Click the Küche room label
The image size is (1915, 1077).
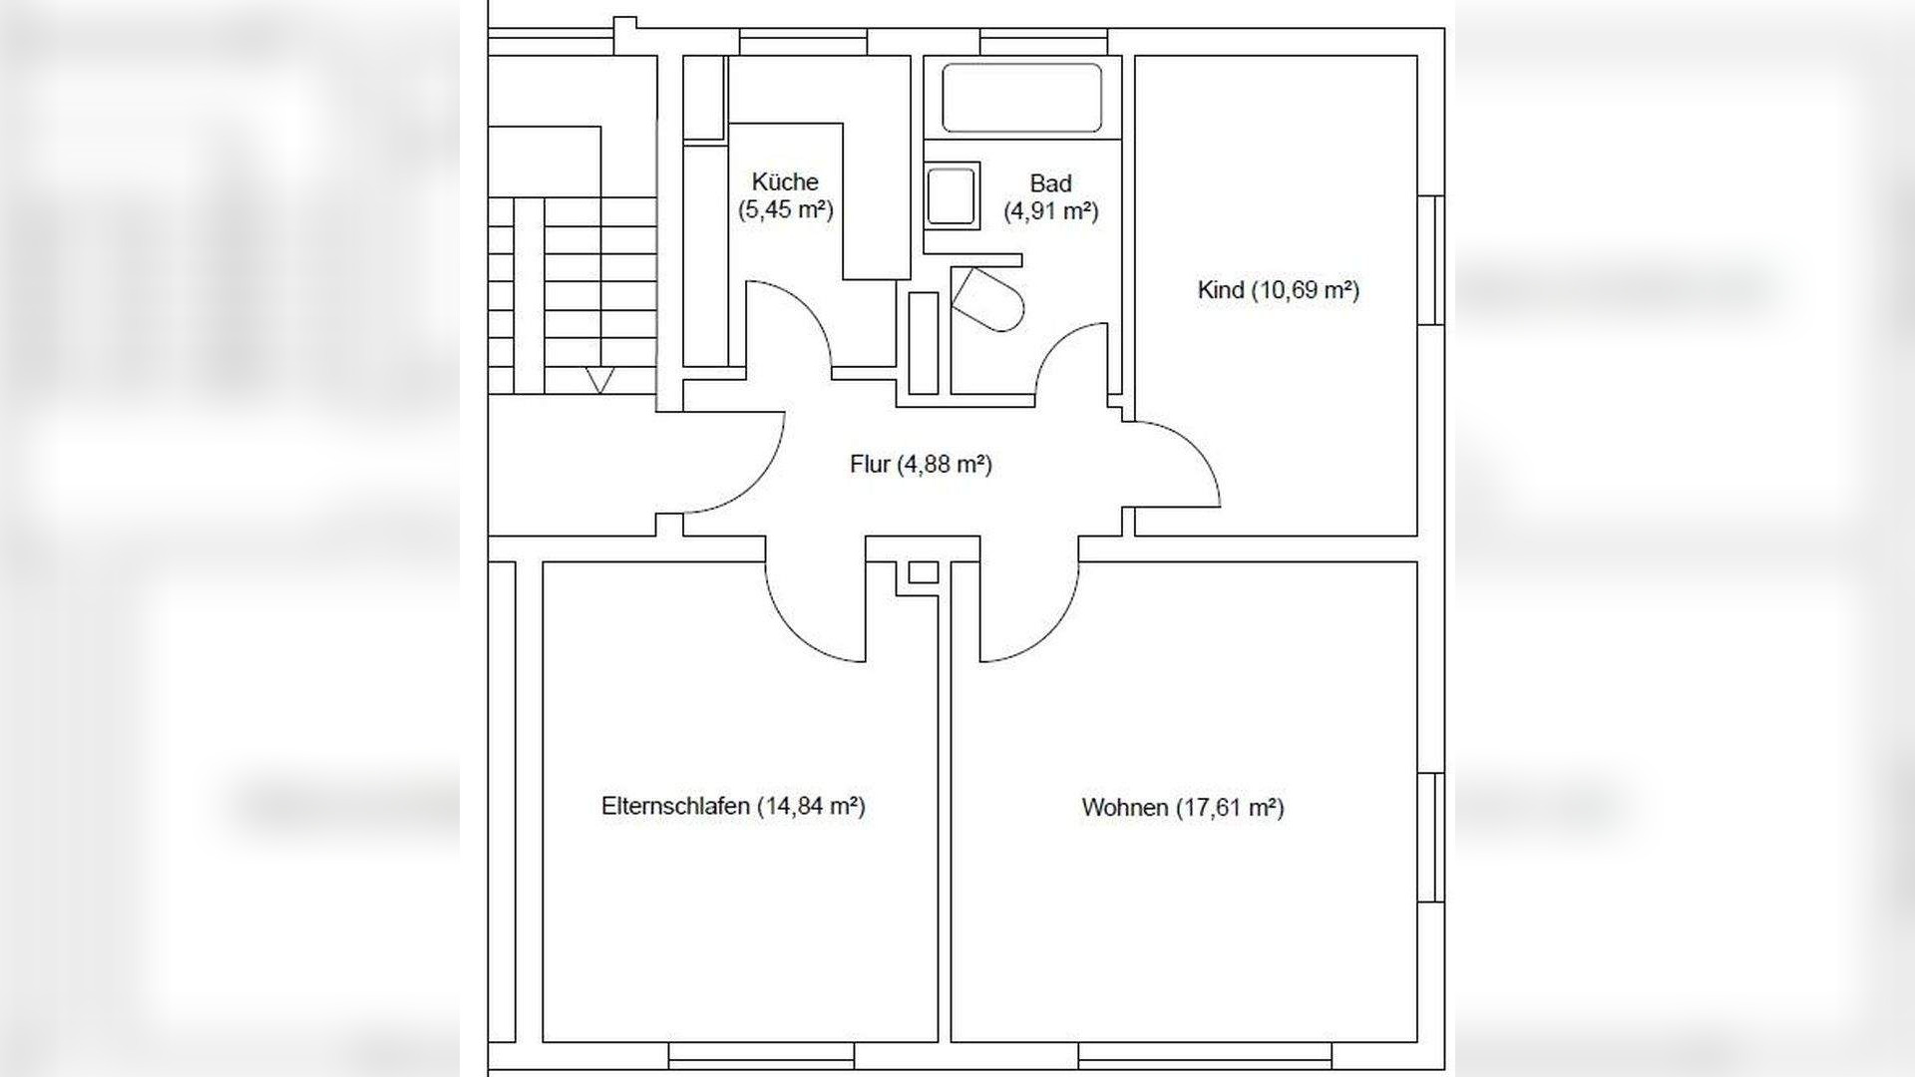click(785, 195)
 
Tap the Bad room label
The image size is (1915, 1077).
click(1050, 197)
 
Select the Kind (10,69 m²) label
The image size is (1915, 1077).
click(1278, 290)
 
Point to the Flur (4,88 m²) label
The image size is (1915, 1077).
click(921, 464)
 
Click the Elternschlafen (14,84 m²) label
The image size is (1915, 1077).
click(733, 806)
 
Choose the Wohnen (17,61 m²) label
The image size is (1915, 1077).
click(1183, 807)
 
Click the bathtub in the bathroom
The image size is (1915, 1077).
click(1022, 98)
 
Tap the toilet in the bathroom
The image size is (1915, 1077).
click(988, 298)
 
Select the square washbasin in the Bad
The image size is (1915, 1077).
click(952, 194)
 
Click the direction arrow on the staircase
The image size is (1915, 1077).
click(598, 381)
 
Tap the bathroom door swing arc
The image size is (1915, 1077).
click(1057, 340)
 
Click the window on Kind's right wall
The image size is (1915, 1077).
click(1431, 260)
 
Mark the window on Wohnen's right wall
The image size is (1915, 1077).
click(1431, 837)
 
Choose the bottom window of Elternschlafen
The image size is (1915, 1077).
click(761, 1055)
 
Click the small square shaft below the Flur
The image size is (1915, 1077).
click(924, 572)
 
